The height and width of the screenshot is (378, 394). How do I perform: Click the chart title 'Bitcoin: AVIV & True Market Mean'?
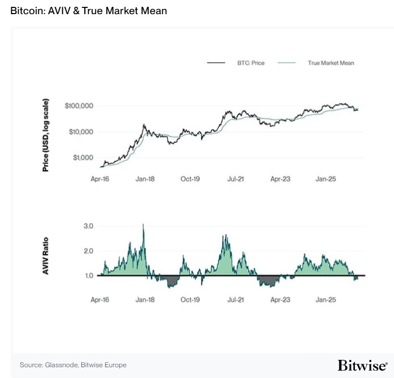coord(89,11)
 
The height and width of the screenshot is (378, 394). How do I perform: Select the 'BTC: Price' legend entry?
coord(250,63)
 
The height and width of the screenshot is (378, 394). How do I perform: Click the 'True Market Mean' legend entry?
coord(330,63)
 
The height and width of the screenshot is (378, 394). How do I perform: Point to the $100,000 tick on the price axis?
coord(79,106)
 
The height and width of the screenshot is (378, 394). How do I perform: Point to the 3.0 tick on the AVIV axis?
coord(88,226)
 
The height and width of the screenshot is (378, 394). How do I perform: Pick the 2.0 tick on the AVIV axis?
coord(88,250)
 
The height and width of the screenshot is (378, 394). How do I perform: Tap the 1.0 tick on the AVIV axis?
coord(88,275)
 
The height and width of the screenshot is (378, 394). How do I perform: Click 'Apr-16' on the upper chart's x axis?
coord(100,178)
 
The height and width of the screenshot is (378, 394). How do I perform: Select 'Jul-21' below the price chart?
coord(235,178)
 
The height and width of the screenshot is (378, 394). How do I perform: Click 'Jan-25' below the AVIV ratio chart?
coord(325,299)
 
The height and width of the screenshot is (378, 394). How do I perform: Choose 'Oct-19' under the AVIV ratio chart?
coord(190,299)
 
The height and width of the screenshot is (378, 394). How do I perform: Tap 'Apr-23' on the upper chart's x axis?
coord(280,178)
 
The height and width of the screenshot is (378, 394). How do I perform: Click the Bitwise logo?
coord(363,365)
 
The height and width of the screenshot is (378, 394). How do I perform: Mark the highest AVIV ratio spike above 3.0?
coord(143,225)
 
